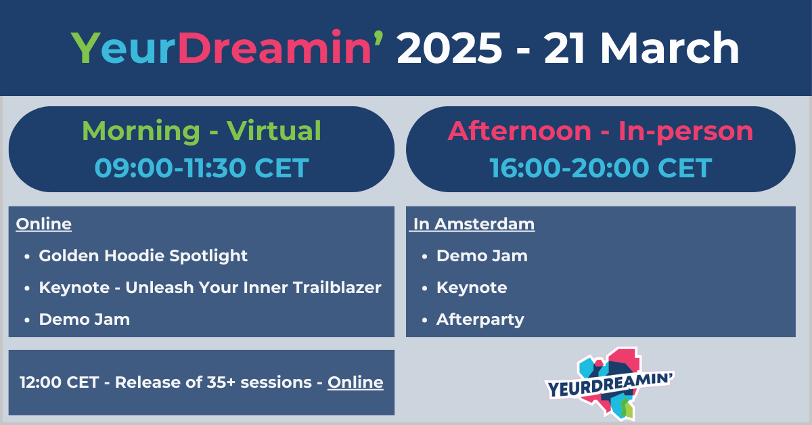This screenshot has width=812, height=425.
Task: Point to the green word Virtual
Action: click(x=274, y=131)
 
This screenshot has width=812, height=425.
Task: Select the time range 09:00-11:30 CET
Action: click(x=201, y=167)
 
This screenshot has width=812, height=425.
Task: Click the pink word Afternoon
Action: click(x=519, y=131)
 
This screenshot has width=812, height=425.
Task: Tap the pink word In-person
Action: click(x=685, y=131)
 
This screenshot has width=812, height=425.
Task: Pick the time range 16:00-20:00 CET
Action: click(x=600, y=167)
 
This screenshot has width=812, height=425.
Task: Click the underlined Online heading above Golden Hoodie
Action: click(x=43, y=224)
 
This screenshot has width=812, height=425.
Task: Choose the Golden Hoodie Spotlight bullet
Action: click(x=143, y=256)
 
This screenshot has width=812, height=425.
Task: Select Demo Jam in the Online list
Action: click(x=85, y=319)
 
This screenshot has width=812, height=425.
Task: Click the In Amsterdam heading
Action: click(x=473, y=224)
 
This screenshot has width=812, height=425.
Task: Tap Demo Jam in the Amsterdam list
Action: click(x=482, y=256)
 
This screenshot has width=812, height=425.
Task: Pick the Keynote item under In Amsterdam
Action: click(x=472, y=288)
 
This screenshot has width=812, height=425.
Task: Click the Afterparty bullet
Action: click(x=480, y=319)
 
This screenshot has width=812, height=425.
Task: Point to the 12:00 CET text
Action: click(x=60, y=382)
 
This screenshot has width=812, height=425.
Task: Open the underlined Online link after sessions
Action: click(x=355, y=382)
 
